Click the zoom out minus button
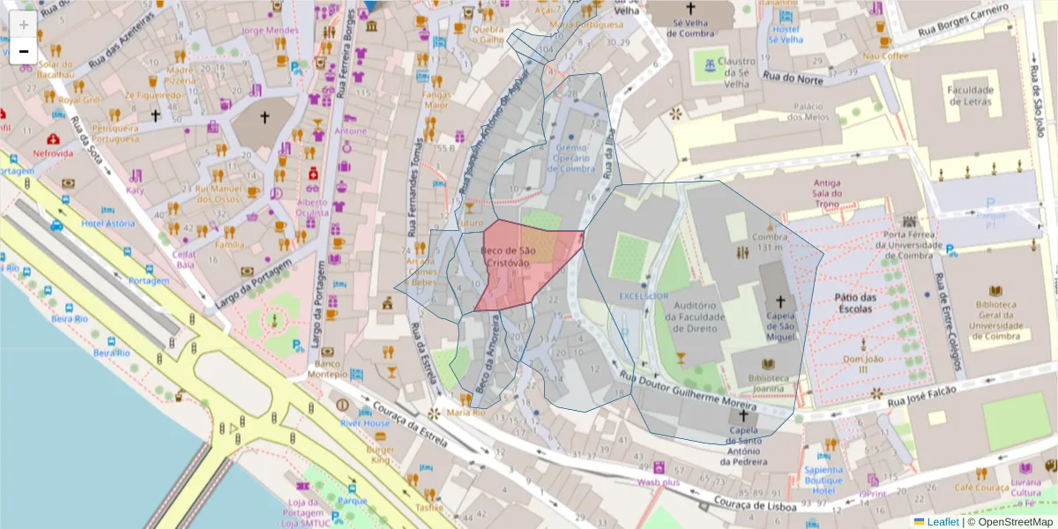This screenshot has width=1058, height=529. (x=23, y=51)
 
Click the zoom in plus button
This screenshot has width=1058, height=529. (x=23, y=25)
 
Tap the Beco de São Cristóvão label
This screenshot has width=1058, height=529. (x=506, y=257)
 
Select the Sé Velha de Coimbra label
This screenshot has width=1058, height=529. (x=689, y=27)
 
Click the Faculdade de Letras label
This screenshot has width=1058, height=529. (x=970, y=95)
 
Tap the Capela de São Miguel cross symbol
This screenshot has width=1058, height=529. (x=779, y=301)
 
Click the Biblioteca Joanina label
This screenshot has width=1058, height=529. (x=767, y=380)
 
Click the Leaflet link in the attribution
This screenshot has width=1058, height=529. (x=943, y=522)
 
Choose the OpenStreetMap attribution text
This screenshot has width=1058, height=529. (x=1010, y=522)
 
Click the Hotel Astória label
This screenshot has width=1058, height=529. (x=108, y=223)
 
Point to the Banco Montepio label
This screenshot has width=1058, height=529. (x=327, y=369)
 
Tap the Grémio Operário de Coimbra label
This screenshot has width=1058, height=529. (x=575, y=158)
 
